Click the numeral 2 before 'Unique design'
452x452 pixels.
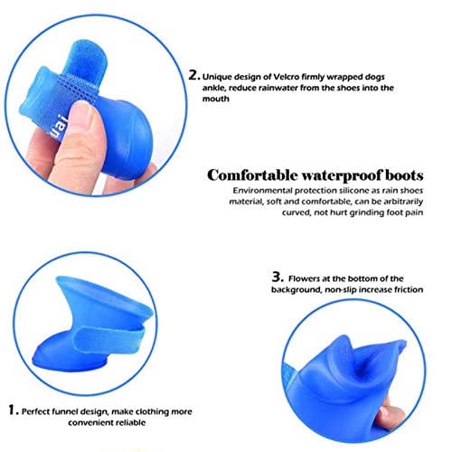193,75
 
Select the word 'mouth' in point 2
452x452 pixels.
215,99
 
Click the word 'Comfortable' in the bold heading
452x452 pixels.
252,175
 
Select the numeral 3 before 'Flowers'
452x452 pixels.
278,277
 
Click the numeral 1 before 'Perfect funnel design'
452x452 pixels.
13,410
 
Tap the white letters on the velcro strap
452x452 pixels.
60,126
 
